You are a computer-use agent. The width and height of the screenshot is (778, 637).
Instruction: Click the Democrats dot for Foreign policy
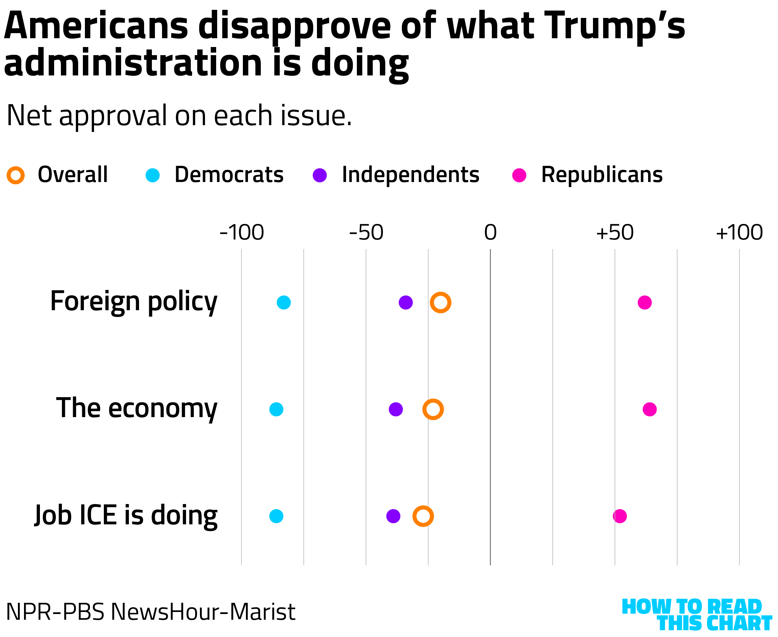point(283,302)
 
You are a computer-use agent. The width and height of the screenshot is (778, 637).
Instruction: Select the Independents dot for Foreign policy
point(405,302)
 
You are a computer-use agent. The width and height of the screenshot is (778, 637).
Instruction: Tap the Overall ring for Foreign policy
point(440,302)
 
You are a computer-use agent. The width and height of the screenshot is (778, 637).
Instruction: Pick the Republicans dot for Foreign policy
point(644,302)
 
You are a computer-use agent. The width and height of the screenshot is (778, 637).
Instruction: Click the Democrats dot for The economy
point(276,409)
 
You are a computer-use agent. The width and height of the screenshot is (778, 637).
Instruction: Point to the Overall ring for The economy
point(433,409)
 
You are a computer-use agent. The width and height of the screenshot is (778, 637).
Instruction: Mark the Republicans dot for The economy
point(649,409)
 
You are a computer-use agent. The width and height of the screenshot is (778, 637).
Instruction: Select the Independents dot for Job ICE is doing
point(393,516)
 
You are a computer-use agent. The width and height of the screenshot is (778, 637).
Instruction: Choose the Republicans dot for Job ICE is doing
point(620,516)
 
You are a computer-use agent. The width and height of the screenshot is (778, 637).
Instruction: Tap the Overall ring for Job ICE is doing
point(423,516)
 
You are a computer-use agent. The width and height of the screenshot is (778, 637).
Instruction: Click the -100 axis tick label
point(242,232)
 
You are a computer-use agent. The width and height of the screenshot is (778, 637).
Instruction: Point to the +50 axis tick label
point(614,232)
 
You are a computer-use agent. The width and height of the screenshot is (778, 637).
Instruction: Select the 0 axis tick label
point(490,232)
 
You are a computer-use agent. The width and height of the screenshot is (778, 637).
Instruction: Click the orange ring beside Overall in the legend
point(16,175)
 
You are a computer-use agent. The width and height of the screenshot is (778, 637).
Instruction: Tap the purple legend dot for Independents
point(320,175)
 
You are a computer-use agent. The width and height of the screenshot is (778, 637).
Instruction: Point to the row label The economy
point(136,408)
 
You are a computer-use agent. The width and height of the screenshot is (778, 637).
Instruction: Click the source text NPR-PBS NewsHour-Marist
point(151,612)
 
